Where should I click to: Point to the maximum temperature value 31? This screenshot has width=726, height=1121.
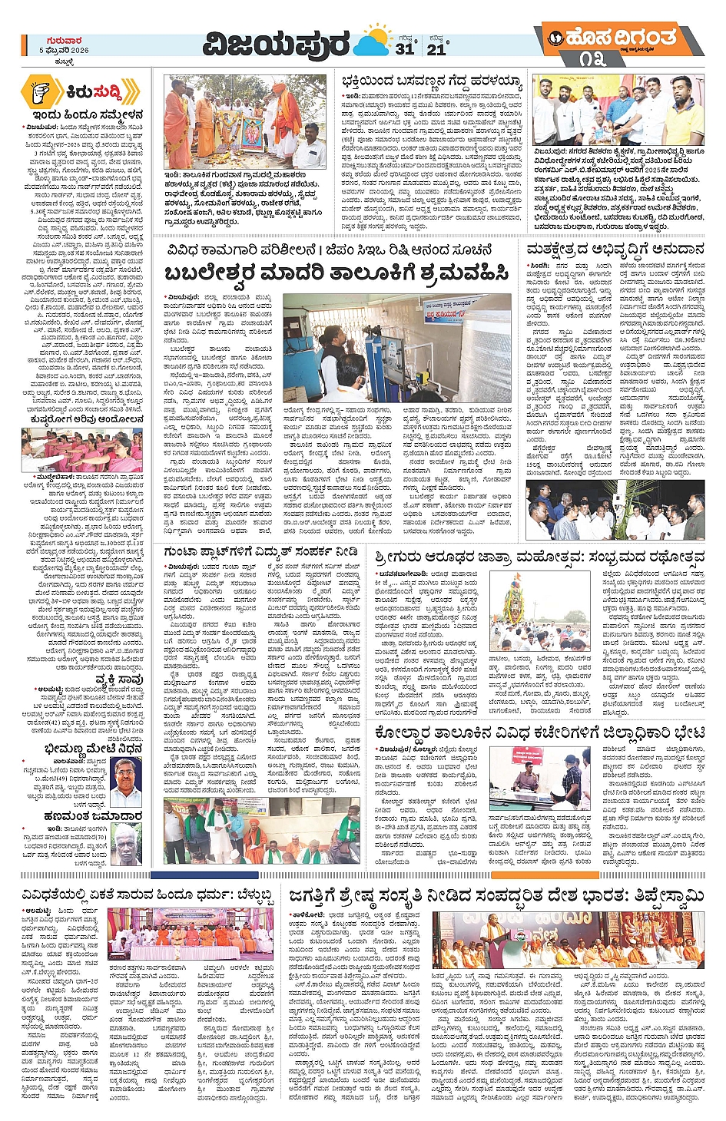(404, 48)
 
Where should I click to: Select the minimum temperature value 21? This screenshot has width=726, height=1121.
(436, 48)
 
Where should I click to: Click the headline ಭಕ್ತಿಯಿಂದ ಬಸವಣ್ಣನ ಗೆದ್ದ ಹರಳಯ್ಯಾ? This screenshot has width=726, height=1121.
(432, 82)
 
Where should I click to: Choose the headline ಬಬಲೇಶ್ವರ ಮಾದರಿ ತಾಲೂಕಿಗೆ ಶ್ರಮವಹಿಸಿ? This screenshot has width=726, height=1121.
(336, 273)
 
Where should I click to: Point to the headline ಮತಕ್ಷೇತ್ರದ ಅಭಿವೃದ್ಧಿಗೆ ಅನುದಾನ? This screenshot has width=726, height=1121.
(615, 250)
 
